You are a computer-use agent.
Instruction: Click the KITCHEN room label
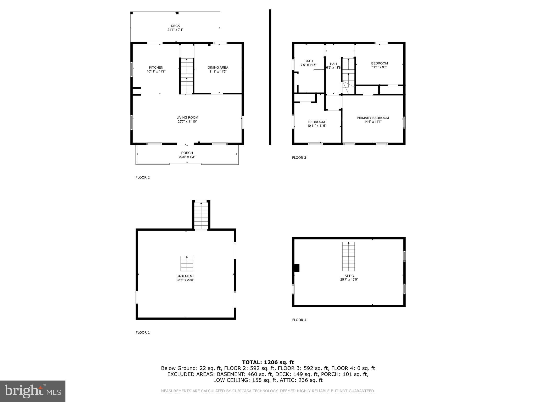[156, 68]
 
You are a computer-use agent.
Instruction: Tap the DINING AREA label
[218, 68]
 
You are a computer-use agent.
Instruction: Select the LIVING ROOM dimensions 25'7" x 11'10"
[187, 122]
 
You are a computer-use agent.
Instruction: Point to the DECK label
[175, 26]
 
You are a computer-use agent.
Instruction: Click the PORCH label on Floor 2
[187, 153]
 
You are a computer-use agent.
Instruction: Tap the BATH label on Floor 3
[308, 61]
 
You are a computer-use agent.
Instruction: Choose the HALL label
[334, 64]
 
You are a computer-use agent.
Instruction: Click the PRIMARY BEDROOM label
[373, 118]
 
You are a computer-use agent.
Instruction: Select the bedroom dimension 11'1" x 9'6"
[379, 67]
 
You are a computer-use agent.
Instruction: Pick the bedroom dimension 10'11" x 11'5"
[316, 126]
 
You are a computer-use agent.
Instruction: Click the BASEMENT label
[185, 276]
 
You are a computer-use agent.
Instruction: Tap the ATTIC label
[349, 276]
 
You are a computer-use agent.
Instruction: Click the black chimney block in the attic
[297, 268]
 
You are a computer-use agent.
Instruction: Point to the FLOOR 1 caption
[143, 332]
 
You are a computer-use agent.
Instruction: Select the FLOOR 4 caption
[299, 320]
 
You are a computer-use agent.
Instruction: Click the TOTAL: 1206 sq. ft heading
[268, 362]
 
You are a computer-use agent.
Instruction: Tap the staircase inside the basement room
[187, 263]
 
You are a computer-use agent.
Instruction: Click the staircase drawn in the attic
[348, 256]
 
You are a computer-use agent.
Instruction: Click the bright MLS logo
[33, 391]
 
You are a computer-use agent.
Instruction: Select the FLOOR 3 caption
[299, 158]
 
